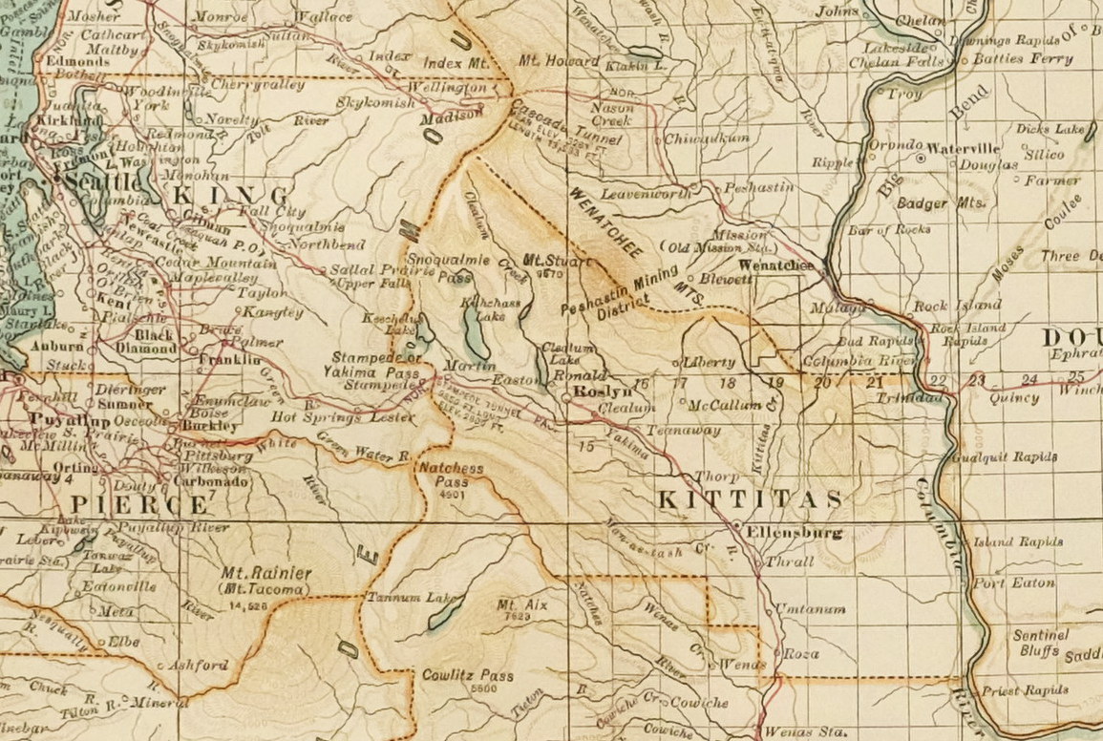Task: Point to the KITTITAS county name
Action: (752, 499)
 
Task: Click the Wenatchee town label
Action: (776, 265)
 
